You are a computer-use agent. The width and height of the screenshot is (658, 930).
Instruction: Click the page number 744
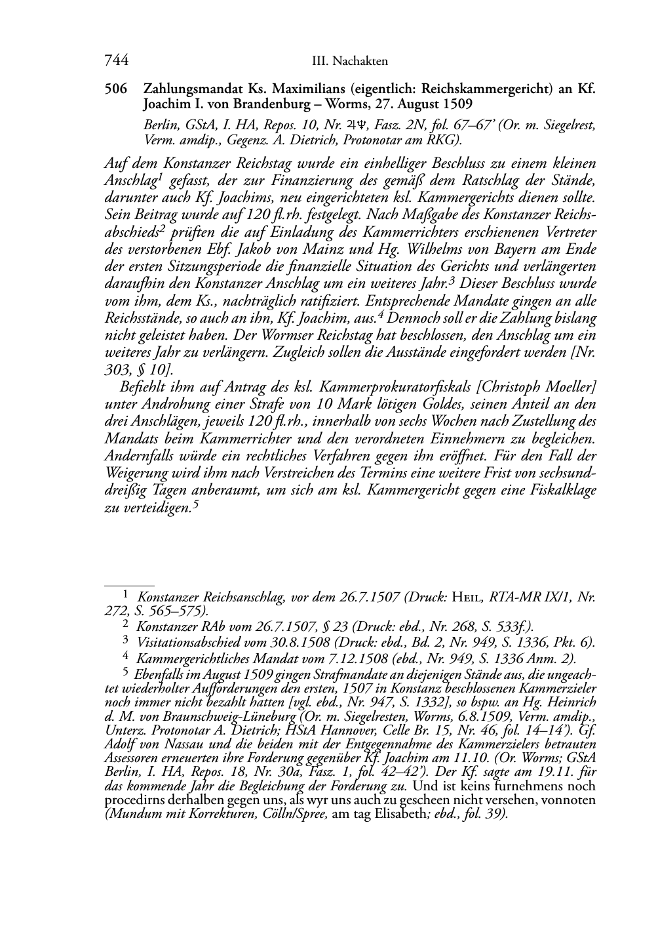(116, 60)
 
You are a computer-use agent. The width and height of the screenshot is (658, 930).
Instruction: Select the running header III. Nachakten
(350, 61)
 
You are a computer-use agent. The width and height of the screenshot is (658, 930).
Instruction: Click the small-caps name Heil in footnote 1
(467, 597)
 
